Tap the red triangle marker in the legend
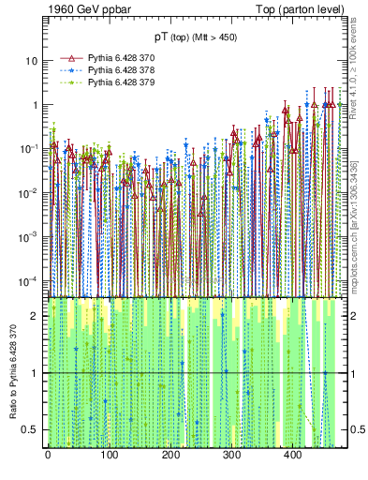pos(69,58)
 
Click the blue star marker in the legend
pos(69,70)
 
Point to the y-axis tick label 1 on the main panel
pos(36,105)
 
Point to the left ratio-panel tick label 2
pos(36,316)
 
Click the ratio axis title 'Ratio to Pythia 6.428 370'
pos(13,374)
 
